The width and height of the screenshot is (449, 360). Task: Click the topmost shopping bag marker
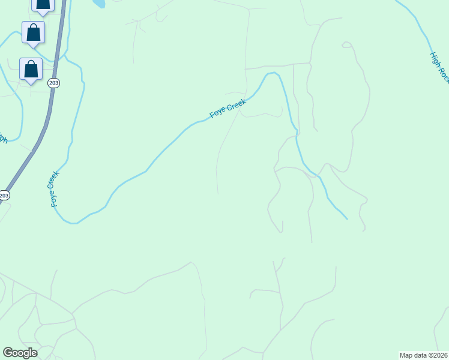43,4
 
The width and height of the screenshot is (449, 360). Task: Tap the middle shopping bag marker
33,32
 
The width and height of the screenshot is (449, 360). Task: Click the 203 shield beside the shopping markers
54,83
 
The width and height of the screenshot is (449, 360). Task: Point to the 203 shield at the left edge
4,196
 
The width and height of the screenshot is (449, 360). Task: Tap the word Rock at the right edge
444,74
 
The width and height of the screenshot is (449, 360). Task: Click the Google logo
20,353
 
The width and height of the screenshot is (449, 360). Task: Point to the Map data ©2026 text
423,355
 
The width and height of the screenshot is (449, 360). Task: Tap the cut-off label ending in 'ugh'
3,137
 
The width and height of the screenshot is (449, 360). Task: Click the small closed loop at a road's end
346,44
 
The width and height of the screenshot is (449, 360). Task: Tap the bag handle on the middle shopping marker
33,28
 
